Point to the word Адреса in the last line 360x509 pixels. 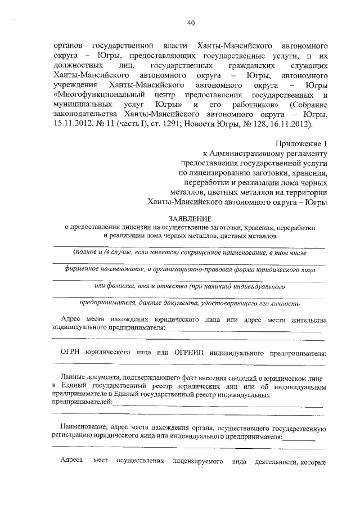coord(73,461)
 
